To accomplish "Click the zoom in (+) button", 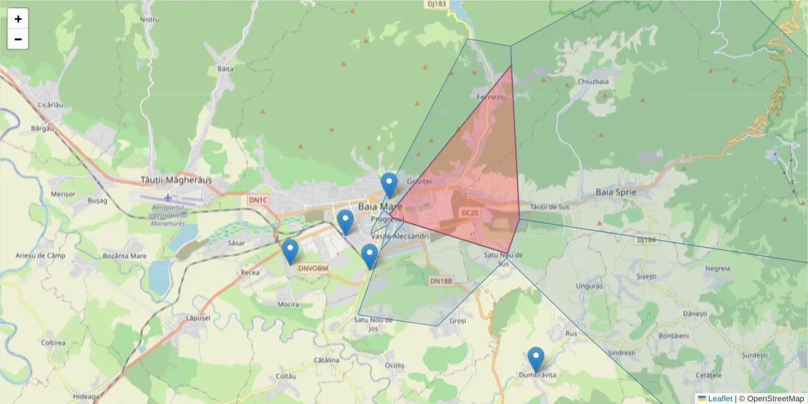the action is (x=18, y=19).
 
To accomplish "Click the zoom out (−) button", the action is (x=18, y=39).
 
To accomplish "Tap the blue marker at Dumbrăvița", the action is (x=536, y=359).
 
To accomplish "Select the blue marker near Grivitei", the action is (x=389, y=184).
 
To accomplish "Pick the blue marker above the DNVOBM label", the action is (x=290, y=251).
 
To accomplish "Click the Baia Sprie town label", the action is (x=615, y=193).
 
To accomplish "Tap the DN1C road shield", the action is (x=258, y=200).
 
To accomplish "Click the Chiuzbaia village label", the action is (x=593, y=81).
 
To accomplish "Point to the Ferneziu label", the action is (x=491, y=97).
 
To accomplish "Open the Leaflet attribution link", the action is (x=720, y=399).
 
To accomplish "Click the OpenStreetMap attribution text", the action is (x=771, y=399).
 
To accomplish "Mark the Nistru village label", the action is (x=149, y=20).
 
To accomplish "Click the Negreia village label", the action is (x=717, y=268).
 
